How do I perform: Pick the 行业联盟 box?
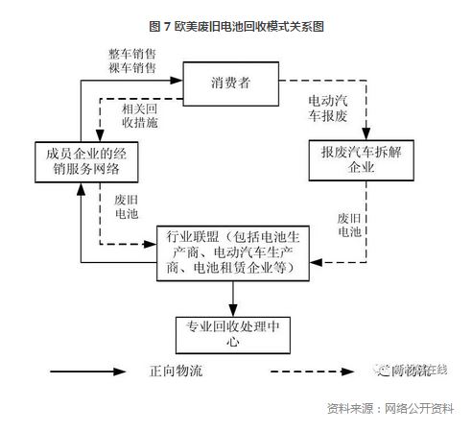(234, 251)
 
